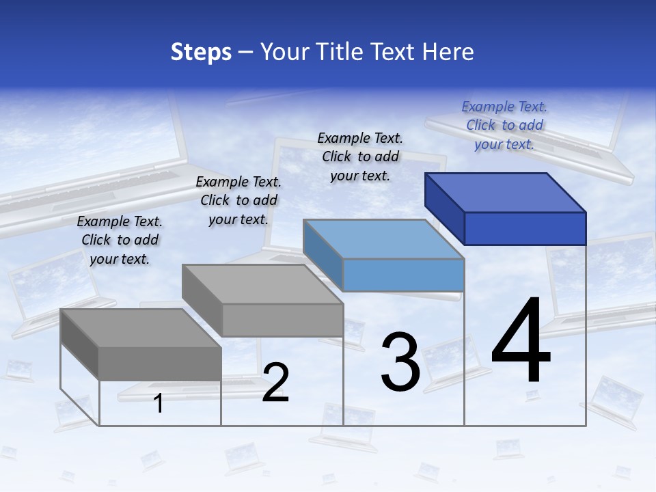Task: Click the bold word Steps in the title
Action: [201, 52]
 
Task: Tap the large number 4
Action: [521, 342]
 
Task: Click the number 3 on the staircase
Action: [400, 362]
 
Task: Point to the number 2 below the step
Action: [275, 383]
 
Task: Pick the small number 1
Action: [159, 404]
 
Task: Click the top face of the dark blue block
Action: [506, 192]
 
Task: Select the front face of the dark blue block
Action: [525, 228]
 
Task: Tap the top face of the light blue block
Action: [383, 238]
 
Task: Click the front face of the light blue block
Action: [403, 275]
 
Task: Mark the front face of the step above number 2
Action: [282, 320]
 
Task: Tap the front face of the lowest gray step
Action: [160, 364]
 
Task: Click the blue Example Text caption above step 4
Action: [504, 125]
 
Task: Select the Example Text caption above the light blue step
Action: [360, 156]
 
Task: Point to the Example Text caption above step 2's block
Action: [238, 200]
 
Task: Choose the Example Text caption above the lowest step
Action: [120, 240]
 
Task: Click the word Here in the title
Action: [448, 52]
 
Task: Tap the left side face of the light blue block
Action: [323, 254]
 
